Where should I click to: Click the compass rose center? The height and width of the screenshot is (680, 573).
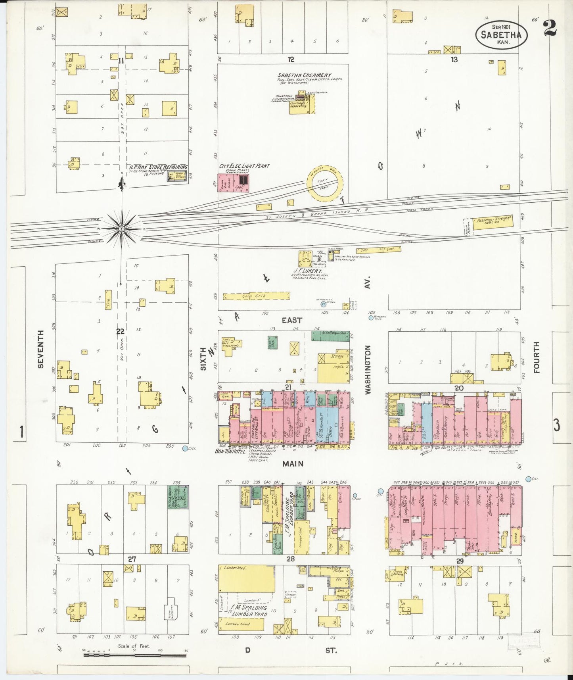[122, 229]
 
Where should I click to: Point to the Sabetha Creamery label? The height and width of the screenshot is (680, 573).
[304, 75]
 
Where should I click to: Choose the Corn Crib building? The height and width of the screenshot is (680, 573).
[256, 296]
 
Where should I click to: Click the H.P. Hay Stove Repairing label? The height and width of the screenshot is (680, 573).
[158, 167]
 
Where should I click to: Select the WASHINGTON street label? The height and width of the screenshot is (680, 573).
[368, 369]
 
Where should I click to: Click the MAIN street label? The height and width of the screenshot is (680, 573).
[293, 463]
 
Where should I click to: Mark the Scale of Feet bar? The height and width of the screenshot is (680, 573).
[135, 655]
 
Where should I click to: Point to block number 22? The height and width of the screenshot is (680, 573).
[120, 332]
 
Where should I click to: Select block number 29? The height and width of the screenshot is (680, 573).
[460, 561]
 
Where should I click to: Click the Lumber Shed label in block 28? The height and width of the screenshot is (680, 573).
[235, 568]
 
